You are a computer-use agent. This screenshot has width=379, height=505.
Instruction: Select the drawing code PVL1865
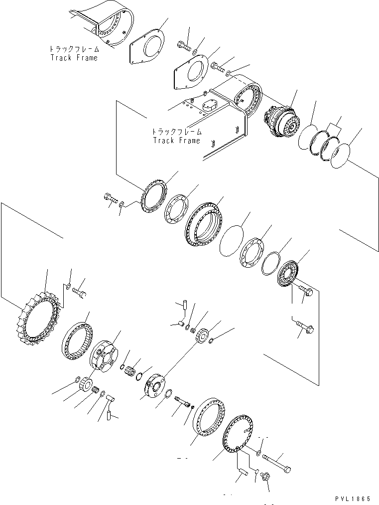tap(353, 499)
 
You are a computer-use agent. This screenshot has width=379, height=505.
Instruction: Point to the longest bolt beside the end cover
tap(277, 461)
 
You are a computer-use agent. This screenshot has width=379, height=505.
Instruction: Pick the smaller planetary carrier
tap(155, 386)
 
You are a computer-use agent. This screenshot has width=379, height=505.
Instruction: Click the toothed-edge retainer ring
tap(153, 196)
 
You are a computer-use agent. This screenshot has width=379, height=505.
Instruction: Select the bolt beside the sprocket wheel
tap(79, 293)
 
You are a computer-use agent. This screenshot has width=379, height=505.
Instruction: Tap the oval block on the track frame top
tap(210, 106)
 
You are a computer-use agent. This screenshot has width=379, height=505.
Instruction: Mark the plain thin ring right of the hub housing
tap(232, 241)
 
